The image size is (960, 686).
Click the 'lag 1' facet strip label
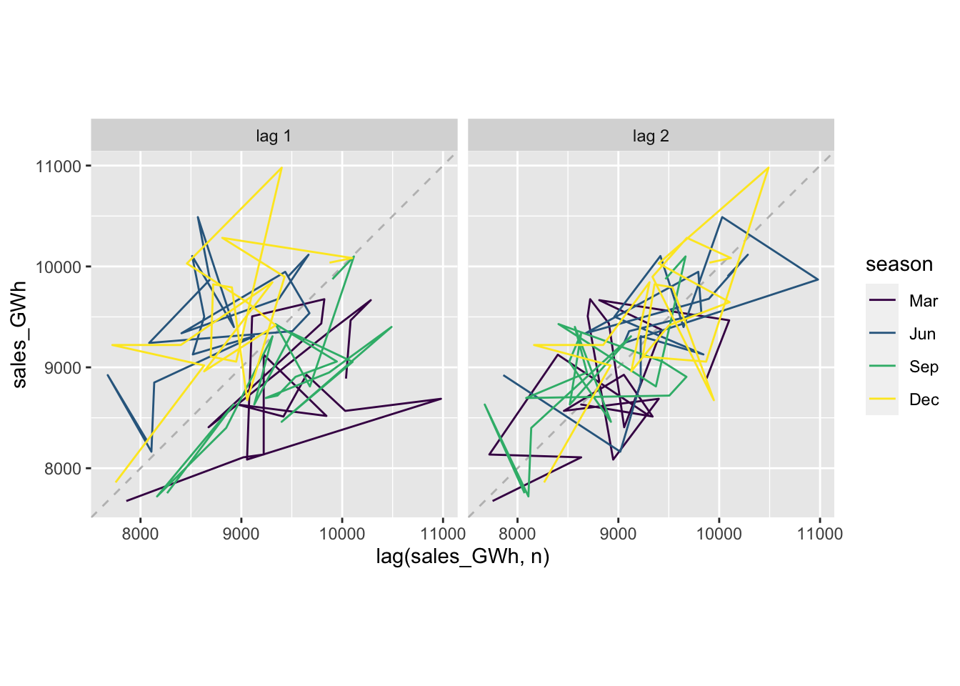(274, 136)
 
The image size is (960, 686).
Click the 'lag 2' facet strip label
(651, 136)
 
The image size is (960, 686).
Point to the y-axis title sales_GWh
(19, 334)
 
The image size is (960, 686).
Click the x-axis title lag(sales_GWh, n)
(463, 557)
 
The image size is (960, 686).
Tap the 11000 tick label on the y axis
(58, 166)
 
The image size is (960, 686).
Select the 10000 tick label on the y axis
(58, 267)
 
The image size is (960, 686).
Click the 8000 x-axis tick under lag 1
(140, 533)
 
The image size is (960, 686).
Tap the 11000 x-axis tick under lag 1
(443, 533)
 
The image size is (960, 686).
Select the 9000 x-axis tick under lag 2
(618, 533)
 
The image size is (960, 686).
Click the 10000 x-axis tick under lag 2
(719, 533)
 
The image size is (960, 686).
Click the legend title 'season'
(899, 264)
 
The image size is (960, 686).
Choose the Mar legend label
(923, 301)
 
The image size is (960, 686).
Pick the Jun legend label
(922, 334)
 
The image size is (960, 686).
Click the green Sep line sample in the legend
(882, 367)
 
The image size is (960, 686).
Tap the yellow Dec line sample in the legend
(882, 399)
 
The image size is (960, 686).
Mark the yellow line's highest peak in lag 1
(282, 167)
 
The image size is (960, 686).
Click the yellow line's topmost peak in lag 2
(769, 167)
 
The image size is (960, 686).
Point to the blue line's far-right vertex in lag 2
(818, 279)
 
